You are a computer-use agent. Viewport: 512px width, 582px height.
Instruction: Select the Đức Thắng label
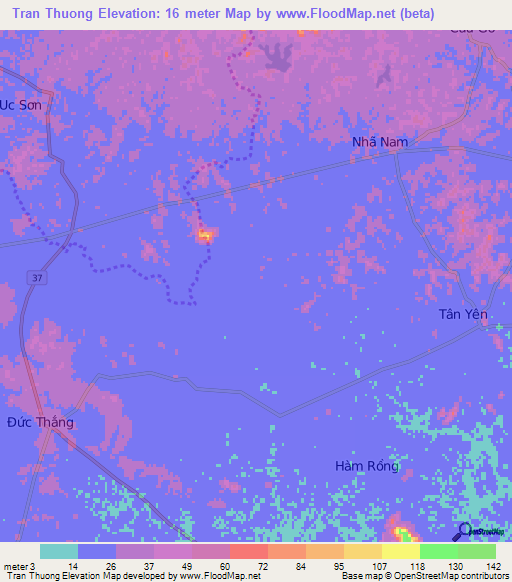point(41,422)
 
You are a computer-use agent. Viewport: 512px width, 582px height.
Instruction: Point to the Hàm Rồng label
point(367,466)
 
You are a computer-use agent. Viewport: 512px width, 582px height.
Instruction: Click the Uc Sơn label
point(23,104)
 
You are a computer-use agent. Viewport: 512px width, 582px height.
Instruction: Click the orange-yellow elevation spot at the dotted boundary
point(205,235)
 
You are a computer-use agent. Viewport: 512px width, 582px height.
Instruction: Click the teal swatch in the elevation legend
point(59,551)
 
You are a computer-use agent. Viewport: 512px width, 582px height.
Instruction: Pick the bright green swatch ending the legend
point(476,551)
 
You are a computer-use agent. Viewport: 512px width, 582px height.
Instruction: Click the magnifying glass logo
point(463,531)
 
